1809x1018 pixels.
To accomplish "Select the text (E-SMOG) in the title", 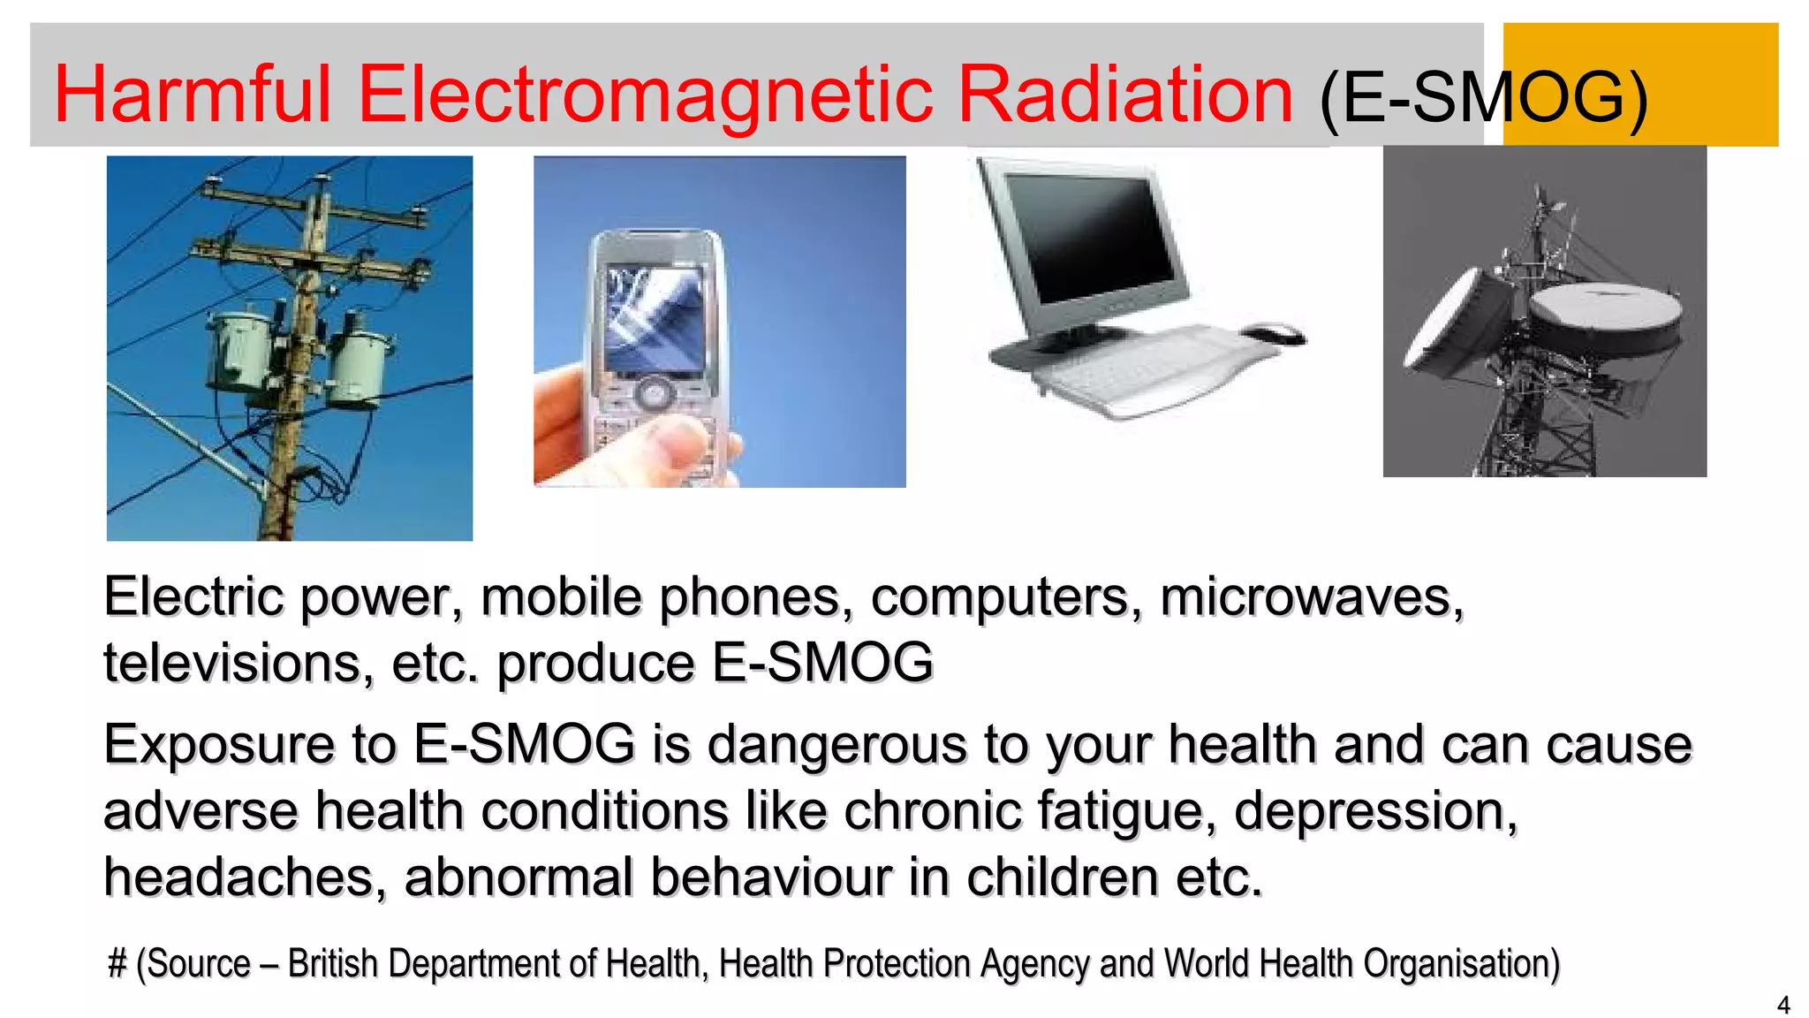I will click(1483, 97).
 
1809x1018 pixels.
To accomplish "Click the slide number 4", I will click(1783, 1005).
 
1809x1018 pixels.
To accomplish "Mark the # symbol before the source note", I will click(117, 963).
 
